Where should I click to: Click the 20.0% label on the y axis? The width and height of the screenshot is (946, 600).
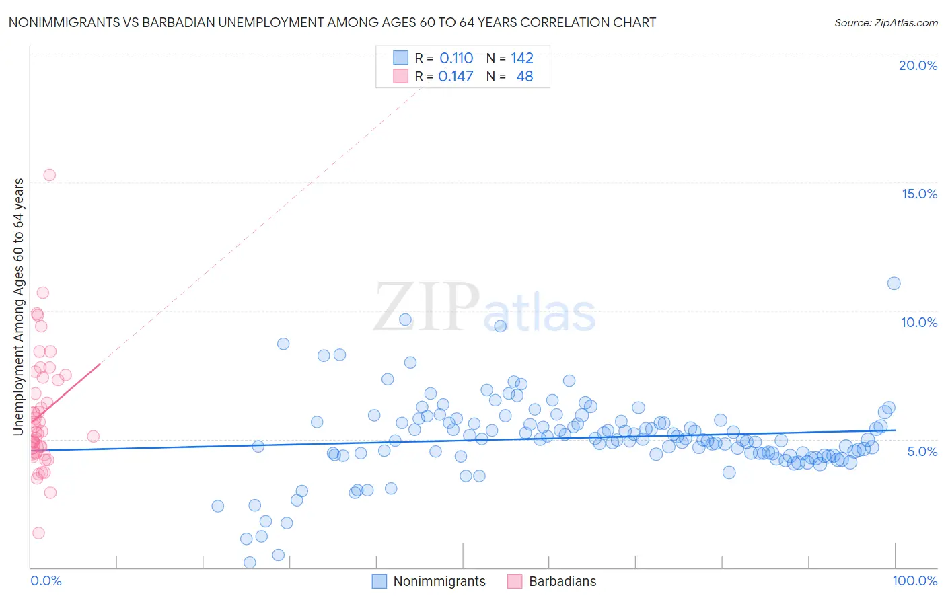[918, 65]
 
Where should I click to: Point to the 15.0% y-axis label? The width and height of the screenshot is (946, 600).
[919, 194]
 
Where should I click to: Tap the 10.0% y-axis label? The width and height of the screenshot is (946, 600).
[919, 322]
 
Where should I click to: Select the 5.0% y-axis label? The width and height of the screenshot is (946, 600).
[922, 451]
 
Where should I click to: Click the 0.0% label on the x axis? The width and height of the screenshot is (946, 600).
[46, 580]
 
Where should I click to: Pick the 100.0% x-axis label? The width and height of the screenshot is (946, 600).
[915, 580]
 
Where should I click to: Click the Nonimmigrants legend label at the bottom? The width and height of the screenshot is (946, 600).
[439, 581]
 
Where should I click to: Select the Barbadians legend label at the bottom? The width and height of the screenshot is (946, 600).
[562, 581]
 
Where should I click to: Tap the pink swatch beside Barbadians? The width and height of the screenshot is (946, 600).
[515, 581]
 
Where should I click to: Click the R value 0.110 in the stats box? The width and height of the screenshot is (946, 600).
[456, 59]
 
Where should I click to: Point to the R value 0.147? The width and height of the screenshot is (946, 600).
[456, 77]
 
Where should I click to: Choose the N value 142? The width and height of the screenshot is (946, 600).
[522, 59]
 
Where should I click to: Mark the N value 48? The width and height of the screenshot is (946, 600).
[524, 77]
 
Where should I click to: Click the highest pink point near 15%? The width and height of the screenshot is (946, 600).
[49, 175]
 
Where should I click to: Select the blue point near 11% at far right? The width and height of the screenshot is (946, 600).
[894, 283]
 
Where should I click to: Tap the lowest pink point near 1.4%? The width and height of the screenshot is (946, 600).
[38, 533]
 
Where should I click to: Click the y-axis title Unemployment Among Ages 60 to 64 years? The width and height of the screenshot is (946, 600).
[19, 307]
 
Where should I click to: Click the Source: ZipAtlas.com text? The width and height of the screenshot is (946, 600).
[885, 22]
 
